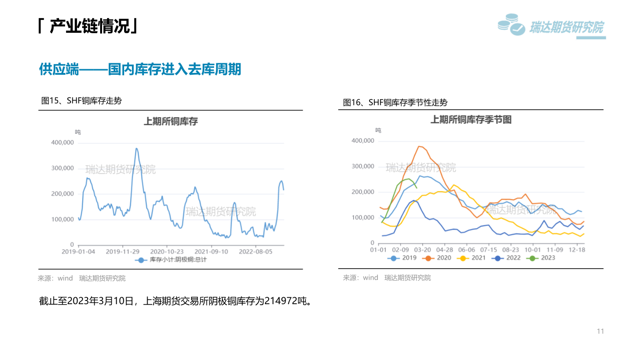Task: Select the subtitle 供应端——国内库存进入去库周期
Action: (x=140, y=70)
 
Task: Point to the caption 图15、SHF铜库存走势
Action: (x=81, y=101)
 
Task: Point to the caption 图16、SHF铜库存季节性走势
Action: (x=395, y=102)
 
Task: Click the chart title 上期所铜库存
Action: (x=171, y=121)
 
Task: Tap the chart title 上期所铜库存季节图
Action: (x=471, y=120)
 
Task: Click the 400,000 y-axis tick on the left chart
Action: (x=62, y=143)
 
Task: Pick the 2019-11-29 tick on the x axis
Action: (x=123, y=252)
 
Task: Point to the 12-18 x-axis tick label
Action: (x=577, y=250)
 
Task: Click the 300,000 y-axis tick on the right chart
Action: (x=363, y=166)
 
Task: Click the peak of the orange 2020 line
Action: (x=419, y=146)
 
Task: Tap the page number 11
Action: (x=600, y=331)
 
